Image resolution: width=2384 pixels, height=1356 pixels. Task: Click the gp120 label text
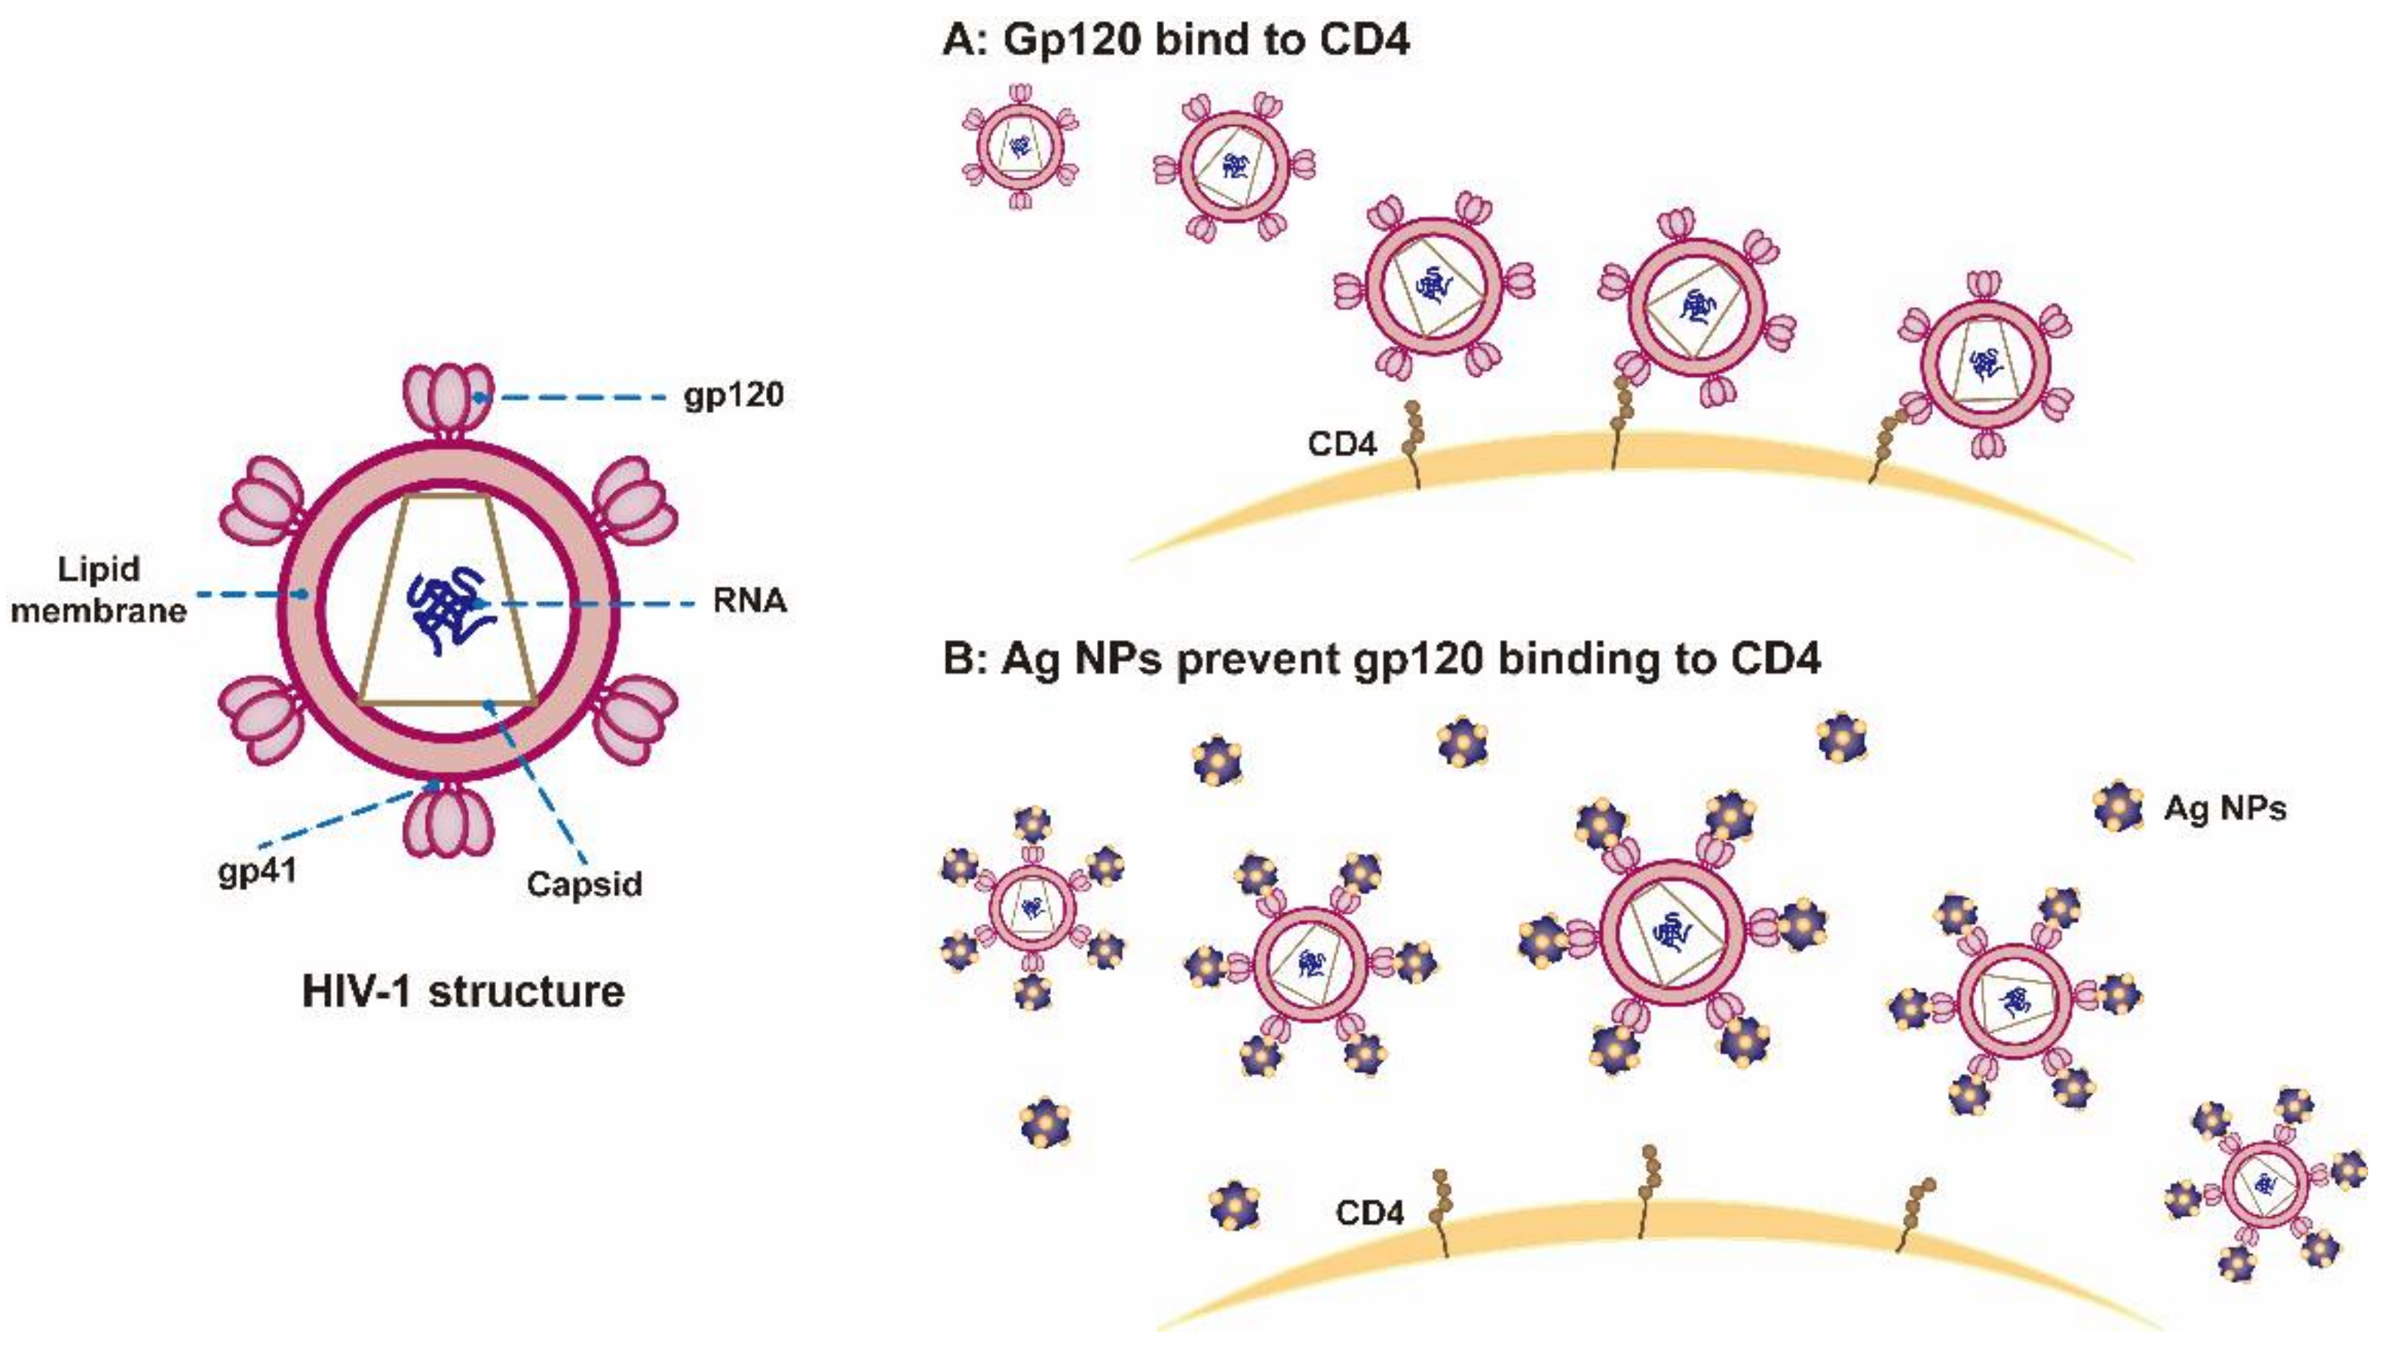[734, 396]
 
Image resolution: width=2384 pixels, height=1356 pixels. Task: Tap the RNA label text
[749, 601]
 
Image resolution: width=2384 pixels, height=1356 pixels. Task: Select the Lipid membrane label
[98, 589]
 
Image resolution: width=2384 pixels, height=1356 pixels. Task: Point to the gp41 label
[257, 871]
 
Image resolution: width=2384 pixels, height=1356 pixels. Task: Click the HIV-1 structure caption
[463, 991]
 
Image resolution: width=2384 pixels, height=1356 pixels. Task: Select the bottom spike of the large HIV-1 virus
[448, 819]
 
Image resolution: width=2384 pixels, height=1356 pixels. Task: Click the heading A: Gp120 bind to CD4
[1175, 41]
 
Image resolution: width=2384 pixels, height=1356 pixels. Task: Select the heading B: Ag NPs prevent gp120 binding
[1381, 660]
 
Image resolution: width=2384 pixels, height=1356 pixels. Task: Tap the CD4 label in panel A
[1341, 444]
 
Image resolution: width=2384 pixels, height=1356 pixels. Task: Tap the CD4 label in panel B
[1369, 1213]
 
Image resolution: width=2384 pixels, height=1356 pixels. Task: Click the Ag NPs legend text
[2225, 807]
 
